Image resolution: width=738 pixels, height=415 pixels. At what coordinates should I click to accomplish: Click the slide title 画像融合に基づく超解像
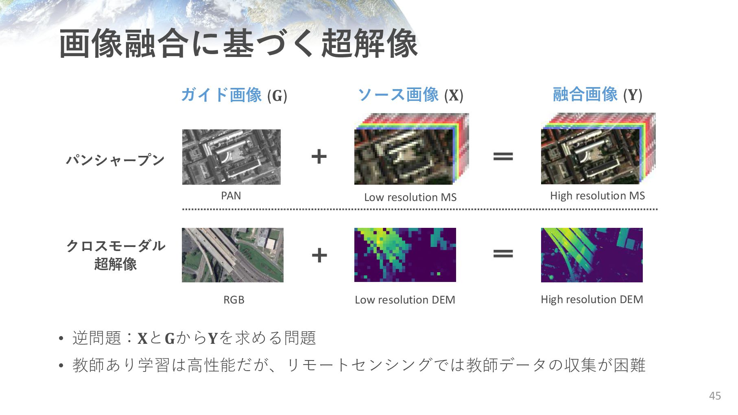pyautogui.click(x=238, y=44)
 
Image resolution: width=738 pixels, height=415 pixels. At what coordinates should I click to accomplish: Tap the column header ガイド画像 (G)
pyautogui.click(x=234, y=95)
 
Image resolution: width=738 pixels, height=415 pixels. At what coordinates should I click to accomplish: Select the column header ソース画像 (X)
pyautogui.click(x=410, y=95)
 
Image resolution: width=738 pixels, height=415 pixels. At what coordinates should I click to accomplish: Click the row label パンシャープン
pyautogui.click(x=116, y=160)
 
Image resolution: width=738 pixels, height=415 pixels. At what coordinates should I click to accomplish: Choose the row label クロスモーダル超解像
pyautogui.click(x=116, y=255)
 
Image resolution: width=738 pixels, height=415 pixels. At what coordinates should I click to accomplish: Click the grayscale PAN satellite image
pyautogui.click(x=231, y=157)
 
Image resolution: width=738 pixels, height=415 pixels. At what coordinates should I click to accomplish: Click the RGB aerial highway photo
pyautogui.click(x=232, y=255)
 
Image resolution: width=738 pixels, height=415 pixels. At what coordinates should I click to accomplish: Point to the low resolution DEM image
pyautogui.click(x=405, y=255)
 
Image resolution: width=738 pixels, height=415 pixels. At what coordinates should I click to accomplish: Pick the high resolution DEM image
pyautogui.click(x=592, y=255)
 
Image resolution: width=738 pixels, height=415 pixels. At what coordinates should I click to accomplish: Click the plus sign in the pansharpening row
pyautogui.click(x=319, y=157)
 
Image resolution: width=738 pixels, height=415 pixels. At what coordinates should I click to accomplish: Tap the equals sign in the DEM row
pyautogui.click(x=503, y=254)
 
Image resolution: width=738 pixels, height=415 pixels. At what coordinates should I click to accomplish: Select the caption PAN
pyautogui.click(x=231, y=196)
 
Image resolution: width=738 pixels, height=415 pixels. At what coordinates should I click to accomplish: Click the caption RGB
pyautogui.click(x=234, y=300)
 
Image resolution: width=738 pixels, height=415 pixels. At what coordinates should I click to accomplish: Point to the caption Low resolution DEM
pyautogui.click(x=405, y=300)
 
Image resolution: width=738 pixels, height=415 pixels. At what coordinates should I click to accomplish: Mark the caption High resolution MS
pyautogui.click(x=597, y=196)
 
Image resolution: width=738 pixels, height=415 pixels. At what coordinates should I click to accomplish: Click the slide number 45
pyautogui.click(x=715, y=396)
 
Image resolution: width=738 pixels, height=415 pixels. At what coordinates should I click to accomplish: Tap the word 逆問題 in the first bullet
pyautogui.click(x=97, y=338)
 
